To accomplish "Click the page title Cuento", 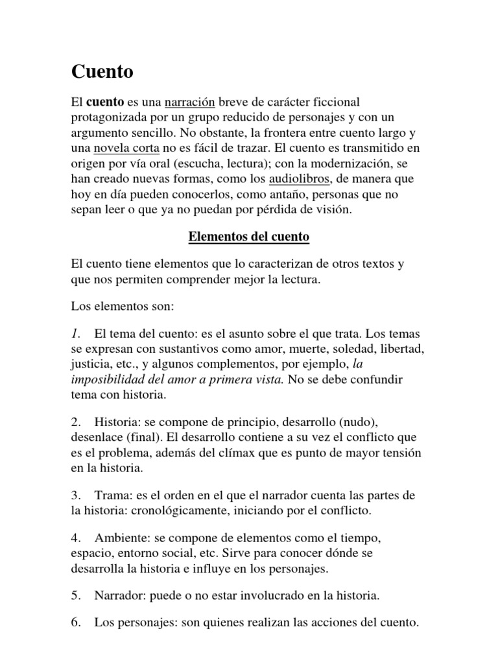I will [102, 72].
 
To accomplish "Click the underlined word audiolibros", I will [298, 178].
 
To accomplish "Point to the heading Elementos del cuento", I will [249, 237].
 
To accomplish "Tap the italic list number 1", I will [75, 334].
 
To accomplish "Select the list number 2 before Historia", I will [75, 421].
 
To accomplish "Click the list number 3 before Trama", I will [75, 495].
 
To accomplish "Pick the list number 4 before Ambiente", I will [75, 539].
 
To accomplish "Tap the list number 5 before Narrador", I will [75, 595].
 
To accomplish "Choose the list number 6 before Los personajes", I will [75, 623].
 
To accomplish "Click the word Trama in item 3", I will [112, 495].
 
